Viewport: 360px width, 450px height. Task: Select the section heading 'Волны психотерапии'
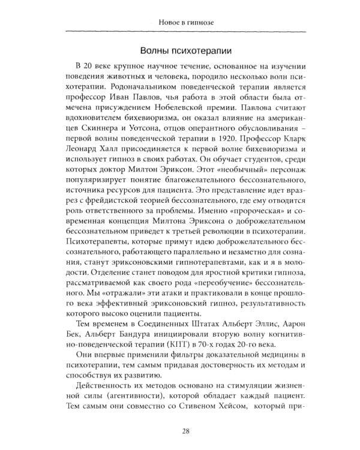179,50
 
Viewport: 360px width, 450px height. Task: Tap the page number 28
179,431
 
